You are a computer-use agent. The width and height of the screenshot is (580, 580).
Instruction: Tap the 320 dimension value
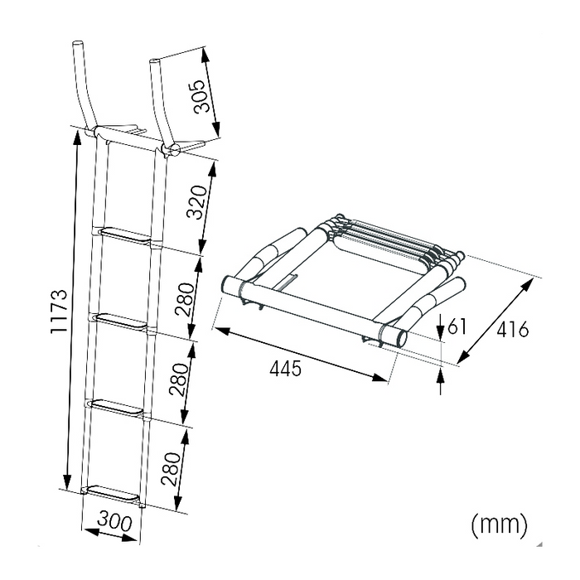pyautogui.click(x=196, y=203)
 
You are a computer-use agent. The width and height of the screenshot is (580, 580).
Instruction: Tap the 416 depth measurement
pyautogui.click(x=513, y=329)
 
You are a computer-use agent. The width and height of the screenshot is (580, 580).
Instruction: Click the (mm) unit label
pyautogui.click(x=499, y=524)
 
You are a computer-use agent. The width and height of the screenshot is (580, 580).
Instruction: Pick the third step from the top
pyautogui.click(x=117, y=408)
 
